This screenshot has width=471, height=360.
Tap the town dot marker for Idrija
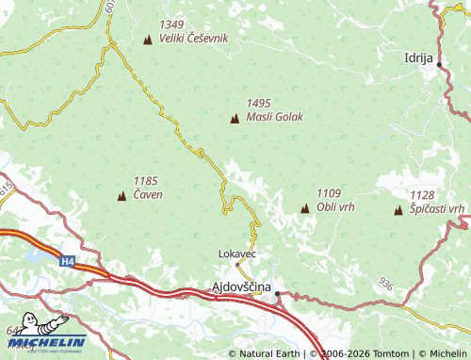click(x=439, y=64)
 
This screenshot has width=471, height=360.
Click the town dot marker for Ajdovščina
click(x=278, y=296)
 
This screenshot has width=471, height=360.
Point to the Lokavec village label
click(x=236, y=254)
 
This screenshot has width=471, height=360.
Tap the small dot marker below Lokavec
click(x=237, y=265)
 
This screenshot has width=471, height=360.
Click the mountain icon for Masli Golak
click(x=235, y=118)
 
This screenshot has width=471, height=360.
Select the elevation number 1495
click(x=259, y=104)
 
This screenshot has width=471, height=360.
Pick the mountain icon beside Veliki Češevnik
click(x=148, y=40)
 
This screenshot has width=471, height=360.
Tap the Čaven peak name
click(x=148, y=195)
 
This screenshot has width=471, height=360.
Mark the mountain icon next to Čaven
click(x=121, y=196)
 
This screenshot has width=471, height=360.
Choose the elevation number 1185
click(x=146, y=181)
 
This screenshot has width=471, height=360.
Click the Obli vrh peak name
click(x=335, y=206)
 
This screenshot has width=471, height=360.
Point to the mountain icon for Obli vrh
click(x=304, y=207)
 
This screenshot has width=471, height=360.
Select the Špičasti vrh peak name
click(x=437, y=208)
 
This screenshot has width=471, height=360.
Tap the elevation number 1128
click(x=422, y=194)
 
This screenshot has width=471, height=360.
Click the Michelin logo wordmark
click(x=47, y=342)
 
